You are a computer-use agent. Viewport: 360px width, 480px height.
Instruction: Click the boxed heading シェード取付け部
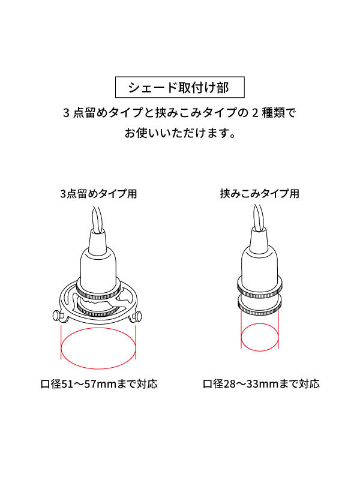pyautogui.click(x=179, y=88)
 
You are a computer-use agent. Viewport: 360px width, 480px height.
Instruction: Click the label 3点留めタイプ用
pyautogui.click(x=99, y=194)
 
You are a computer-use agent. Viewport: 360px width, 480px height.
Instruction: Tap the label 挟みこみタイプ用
pyautogui.click(x=259, y=194)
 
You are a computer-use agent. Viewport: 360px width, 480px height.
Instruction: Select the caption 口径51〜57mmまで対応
pyautogui.click(x=99, y=383)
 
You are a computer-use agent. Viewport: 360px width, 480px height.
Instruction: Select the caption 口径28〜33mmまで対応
pyautogui.click(x=260, y=383)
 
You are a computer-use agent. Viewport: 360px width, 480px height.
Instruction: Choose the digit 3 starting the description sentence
pyautogui.click(x=67, y=112)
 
